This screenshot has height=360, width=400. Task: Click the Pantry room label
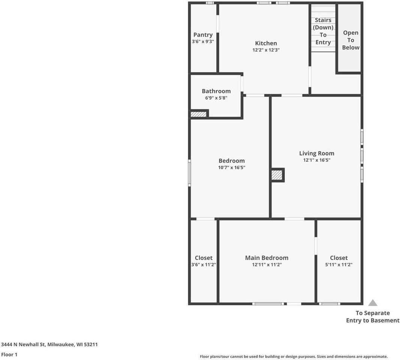pos(203,35)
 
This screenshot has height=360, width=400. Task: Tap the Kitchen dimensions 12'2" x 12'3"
pos(266,50)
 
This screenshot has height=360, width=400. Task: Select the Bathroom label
pos(216,91)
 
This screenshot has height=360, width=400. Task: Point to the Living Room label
pos(316,153)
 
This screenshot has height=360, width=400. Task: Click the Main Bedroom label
pos(266,258)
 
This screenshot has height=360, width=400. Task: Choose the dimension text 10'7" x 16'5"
pos(232,168)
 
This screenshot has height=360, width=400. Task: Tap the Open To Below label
pos(350,40)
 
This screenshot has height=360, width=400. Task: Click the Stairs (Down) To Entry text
pos(323,31)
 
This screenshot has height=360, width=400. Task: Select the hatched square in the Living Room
pos(277,175)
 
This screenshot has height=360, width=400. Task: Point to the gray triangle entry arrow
pos(372,303)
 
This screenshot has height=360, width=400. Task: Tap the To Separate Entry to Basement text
pos(373,316)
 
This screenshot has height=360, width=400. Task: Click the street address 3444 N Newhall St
pos(50,344)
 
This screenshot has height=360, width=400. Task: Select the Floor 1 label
pos(9,354)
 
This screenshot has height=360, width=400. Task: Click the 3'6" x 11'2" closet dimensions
pos(203,265)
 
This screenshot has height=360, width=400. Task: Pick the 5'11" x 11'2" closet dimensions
pos(338,265)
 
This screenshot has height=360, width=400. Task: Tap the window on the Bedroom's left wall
pos(189,172)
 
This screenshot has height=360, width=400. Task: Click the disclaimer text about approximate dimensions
pos(293,357)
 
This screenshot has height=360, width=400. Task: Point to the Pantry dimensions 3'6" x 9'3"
pos(203,42)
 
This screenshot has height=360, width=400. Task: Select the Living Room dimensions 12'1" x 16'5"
pos(316,160)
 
